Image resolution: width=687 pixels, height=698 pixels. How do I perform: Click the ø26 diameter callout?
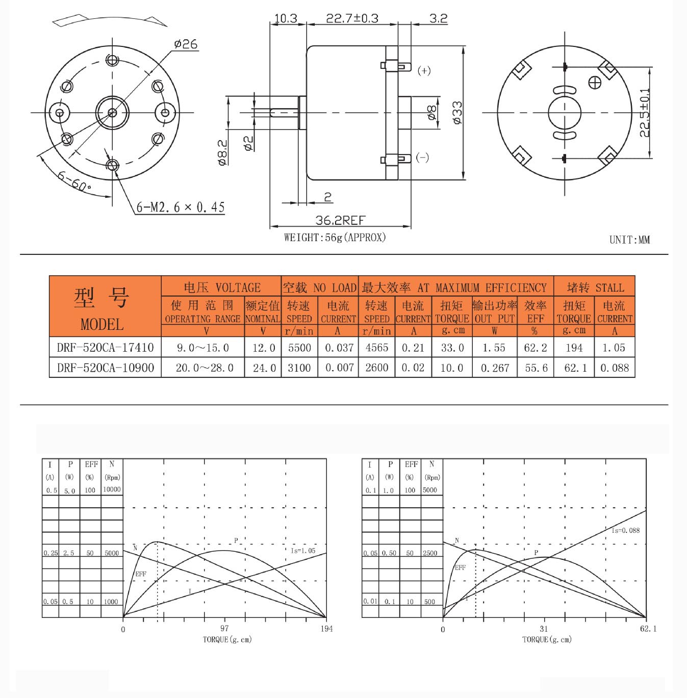186,44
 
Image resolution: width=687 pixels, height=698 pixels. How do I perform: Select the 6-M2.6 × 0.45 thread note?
180,207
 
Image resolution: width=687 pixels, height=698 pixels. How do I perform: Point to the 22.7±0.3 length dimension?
352,18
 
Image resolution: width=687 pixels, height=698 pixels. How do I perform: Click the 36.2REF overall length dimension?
340,220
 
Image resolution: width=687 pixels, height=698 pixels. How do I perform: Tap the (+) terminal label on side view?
424,70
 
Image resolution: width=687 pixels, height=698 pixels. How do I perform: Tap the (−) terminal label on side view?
422,157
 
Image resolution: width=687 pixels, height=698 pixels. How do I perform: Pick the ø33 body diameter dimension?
457,113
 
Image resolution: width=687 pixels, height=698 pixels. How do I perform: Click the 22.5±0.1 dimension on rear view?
645,113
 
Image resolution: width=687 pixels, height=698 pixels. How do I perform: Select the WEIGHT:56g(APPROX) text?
335,238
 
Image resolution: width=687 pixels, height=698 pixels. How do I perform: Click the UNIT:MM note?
629,240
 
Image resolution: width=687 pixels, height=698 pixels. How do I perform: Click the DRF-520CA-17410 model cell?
105,348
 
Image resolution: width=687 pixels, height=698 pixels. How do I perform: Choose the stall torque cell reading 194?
574,348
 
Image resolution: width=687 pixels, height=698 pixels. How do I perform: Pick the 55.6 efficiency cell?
536,368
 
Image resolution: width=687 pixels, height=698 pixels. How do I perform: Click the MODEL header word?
102,324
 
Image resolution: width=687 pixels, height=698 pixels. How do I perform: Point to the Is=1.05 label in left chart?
303,551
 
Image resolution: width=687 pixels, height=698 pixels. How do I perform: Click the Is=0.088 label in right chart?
625,530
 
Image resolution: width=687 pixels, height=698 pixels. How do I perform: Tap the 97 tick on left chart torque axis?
224,629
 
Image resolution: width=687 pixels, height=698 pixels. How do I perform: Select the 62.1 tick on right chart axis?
648,629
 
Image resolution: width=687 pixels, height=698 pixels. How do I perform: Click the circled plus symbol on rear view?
595,83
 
